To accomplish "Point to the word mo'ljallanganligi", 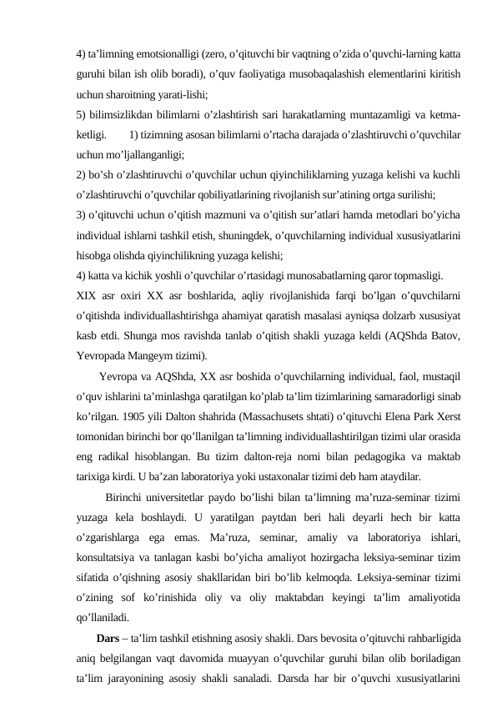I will click(143, 153).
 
